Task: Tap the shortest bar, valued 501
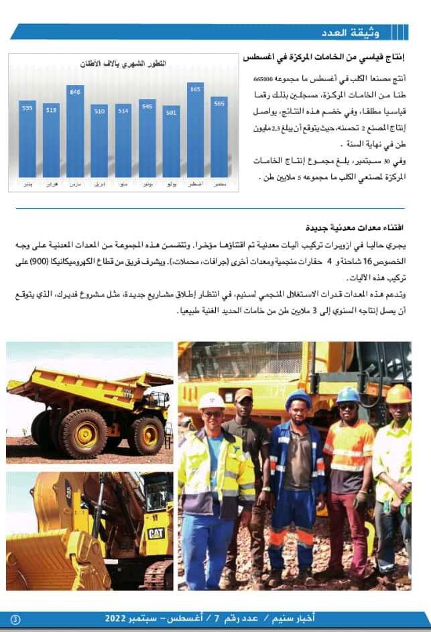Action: coord(171,144)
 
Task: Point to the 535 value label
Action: coord(27,107)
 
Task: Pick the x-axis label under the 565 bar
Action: coord(219,182)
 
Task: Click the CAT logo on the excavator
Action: coord(156,533)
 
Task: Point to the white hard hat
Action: coord(212,401)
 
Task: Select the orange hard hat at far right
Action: coord(398,394)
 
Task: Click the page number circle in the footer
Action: coord(16,619)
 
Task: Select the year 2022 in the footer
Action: coord(121,617)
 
